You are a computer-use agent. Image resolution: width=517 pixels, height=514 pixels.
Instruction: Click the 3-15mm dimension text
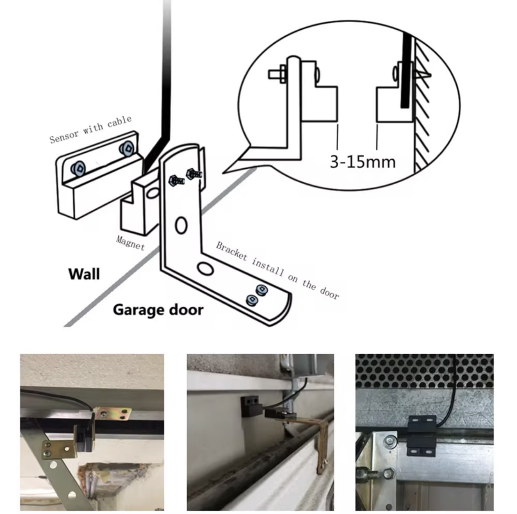point(362,161)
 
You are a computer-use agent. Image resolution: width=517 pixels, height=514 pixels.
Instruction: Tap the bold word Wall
point(84,274)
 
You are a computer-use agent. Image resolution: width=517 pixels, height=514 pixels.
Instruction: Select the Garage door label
point(158,310)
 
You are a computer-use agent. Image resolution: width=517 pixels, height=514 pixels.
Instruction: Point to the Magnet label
point(130,243)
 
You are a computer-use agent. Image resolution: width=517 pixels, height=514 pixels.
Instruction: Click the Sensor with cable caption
point(90,129)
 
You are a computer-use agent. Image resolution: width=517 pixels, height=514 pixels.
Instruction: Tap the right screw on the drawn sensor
point(127,148)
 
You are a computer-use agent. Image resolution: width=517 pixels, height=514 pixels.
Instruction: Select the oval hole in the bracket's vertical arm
point(181,226)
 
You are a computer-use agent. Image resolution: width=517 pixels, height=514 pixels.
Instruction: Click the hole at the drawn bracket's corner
point(205,268)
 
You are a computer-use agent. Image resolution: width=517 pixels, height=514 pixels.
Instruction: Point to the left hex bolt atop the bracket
point(176,180)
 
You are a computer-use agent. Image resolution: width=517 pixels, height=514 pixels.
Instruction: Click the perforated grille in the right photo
point(425,371)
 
